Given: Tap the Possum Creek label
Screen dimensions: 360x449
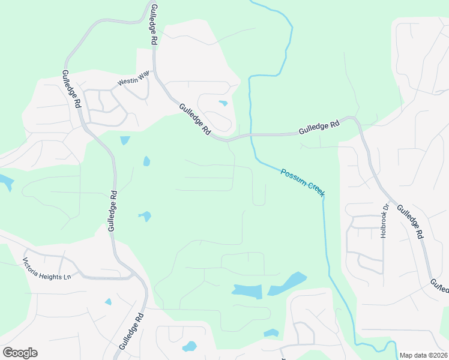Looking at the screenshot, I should point(303,182).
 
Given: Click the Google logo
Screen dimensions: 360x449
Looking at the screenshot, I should point(20,353).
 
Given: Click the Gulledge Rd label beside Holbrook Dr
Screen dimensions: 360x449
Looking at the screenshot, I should point(411,219).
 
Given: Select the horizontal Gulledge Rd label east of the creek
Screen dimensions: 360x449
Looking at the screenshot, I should point(319,127).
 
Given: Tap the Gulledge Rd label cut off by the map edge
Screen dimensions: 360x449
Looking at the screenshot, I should point(439,286).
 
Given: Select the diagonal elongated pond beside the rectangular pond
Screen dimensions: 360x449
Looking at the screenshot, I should point(288,283).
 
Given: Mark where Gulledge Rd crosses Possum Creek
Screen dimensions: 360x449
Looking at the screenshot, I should point(251,136).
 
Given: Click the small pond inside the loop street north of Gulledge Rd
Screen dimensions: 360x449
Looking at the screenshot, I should point(223,103).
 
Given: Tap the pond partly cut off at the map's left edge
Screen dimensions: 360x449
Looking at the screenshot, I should point(6,182).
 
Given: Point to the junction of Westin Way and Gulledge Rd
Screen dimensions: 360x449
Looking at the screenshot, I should point(154,73).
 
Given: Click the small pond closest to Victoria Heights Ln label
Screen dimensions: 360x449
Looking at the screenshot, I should point(108,301).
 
